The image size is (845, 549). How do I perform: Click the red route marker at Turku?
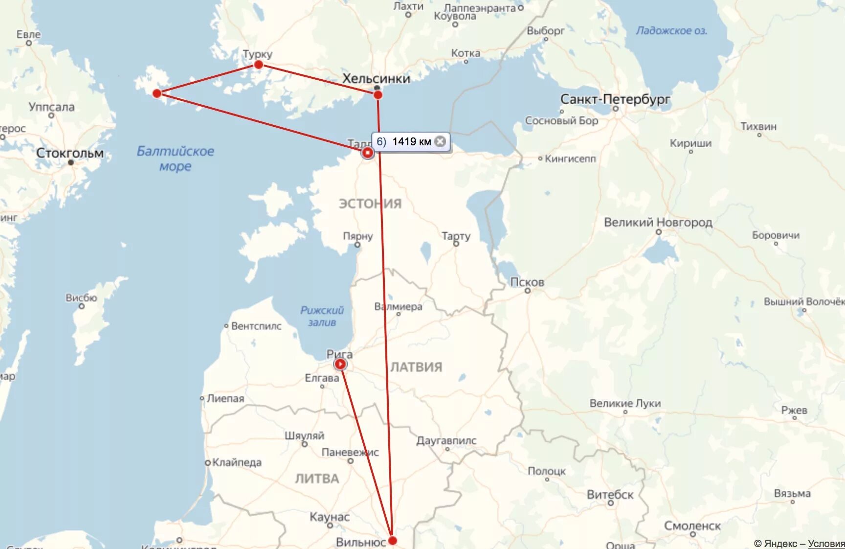tap(259, 65)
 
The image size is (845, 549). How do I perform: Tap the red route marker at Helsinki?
tap(378, 94)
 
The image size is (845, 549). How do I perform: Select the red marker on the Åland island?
tap(157, 93)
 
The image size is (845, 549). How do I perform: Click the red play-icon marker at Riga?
tap(340, 364)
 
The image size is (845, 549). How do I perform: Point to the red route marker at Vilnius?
tap(392, 541)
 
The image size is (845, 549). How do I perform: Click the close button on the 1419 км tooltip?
tap(440, 141)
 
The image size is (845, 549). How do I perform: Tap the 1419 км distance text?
tap(411, 142)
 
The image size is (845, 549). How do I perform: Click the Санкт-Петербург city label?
tap(615, 99)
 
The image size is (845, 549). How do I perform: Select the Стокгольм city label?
tap(70, 153)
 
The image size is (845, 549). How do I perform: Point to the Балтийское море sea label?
tap(175, 158)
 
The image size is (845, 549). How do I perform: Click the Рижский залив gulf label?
tap(322, 316)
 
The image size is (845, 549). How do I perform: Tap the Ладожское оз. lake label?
tap(671, 31)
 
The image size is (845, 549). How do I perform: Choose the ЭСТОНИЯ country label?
tap(370, 204)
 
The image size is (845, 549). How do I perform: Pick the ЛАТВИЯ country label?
tap(416, 367)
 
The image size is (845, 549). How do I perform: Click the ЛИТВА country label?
tap(317, 479)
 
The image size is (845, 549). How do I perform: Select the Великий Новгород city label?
tap(658, 223)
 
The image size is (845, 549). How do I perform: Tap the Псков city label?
tap(527, 282)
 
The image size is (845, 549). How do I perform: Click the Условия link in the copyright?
tap(826, 544)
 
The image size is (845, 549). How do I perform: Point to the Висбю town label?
tap(81, 297)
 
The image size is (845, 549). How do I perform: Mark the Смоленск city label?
tap(692, 526)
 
